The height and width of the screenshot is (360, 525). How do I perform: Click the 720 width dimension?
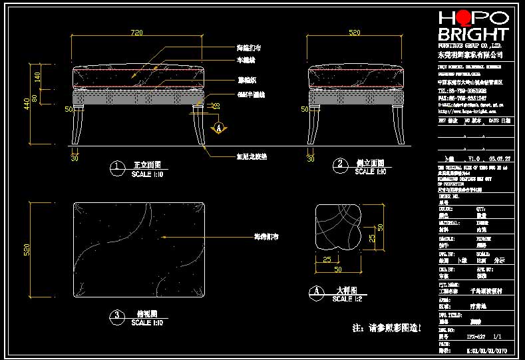[136, 33]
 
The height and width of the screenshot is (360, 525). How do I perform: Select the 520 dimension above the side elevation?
[355, 33]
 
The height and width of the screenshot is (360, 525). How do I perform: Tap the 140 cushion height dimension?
[38, 77]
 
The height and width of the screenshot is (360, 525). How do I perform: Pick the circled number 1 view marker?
[117, 166]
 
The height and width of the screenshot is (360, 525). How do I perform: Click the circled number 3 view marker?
[117, 315]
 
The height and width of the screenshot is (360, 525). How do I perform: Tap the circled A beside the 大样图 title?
[318, 291]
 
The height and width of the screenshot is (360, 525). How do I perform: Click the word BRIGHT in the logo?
[473, 35]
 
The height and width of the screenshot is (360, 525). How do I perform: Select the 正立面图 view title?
[147, 164]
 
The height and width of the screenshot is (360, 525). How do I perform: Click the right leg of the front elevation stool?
[198, 126]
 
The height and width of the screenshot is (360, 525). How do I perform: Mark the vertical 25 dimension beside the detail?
[371, 236]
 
